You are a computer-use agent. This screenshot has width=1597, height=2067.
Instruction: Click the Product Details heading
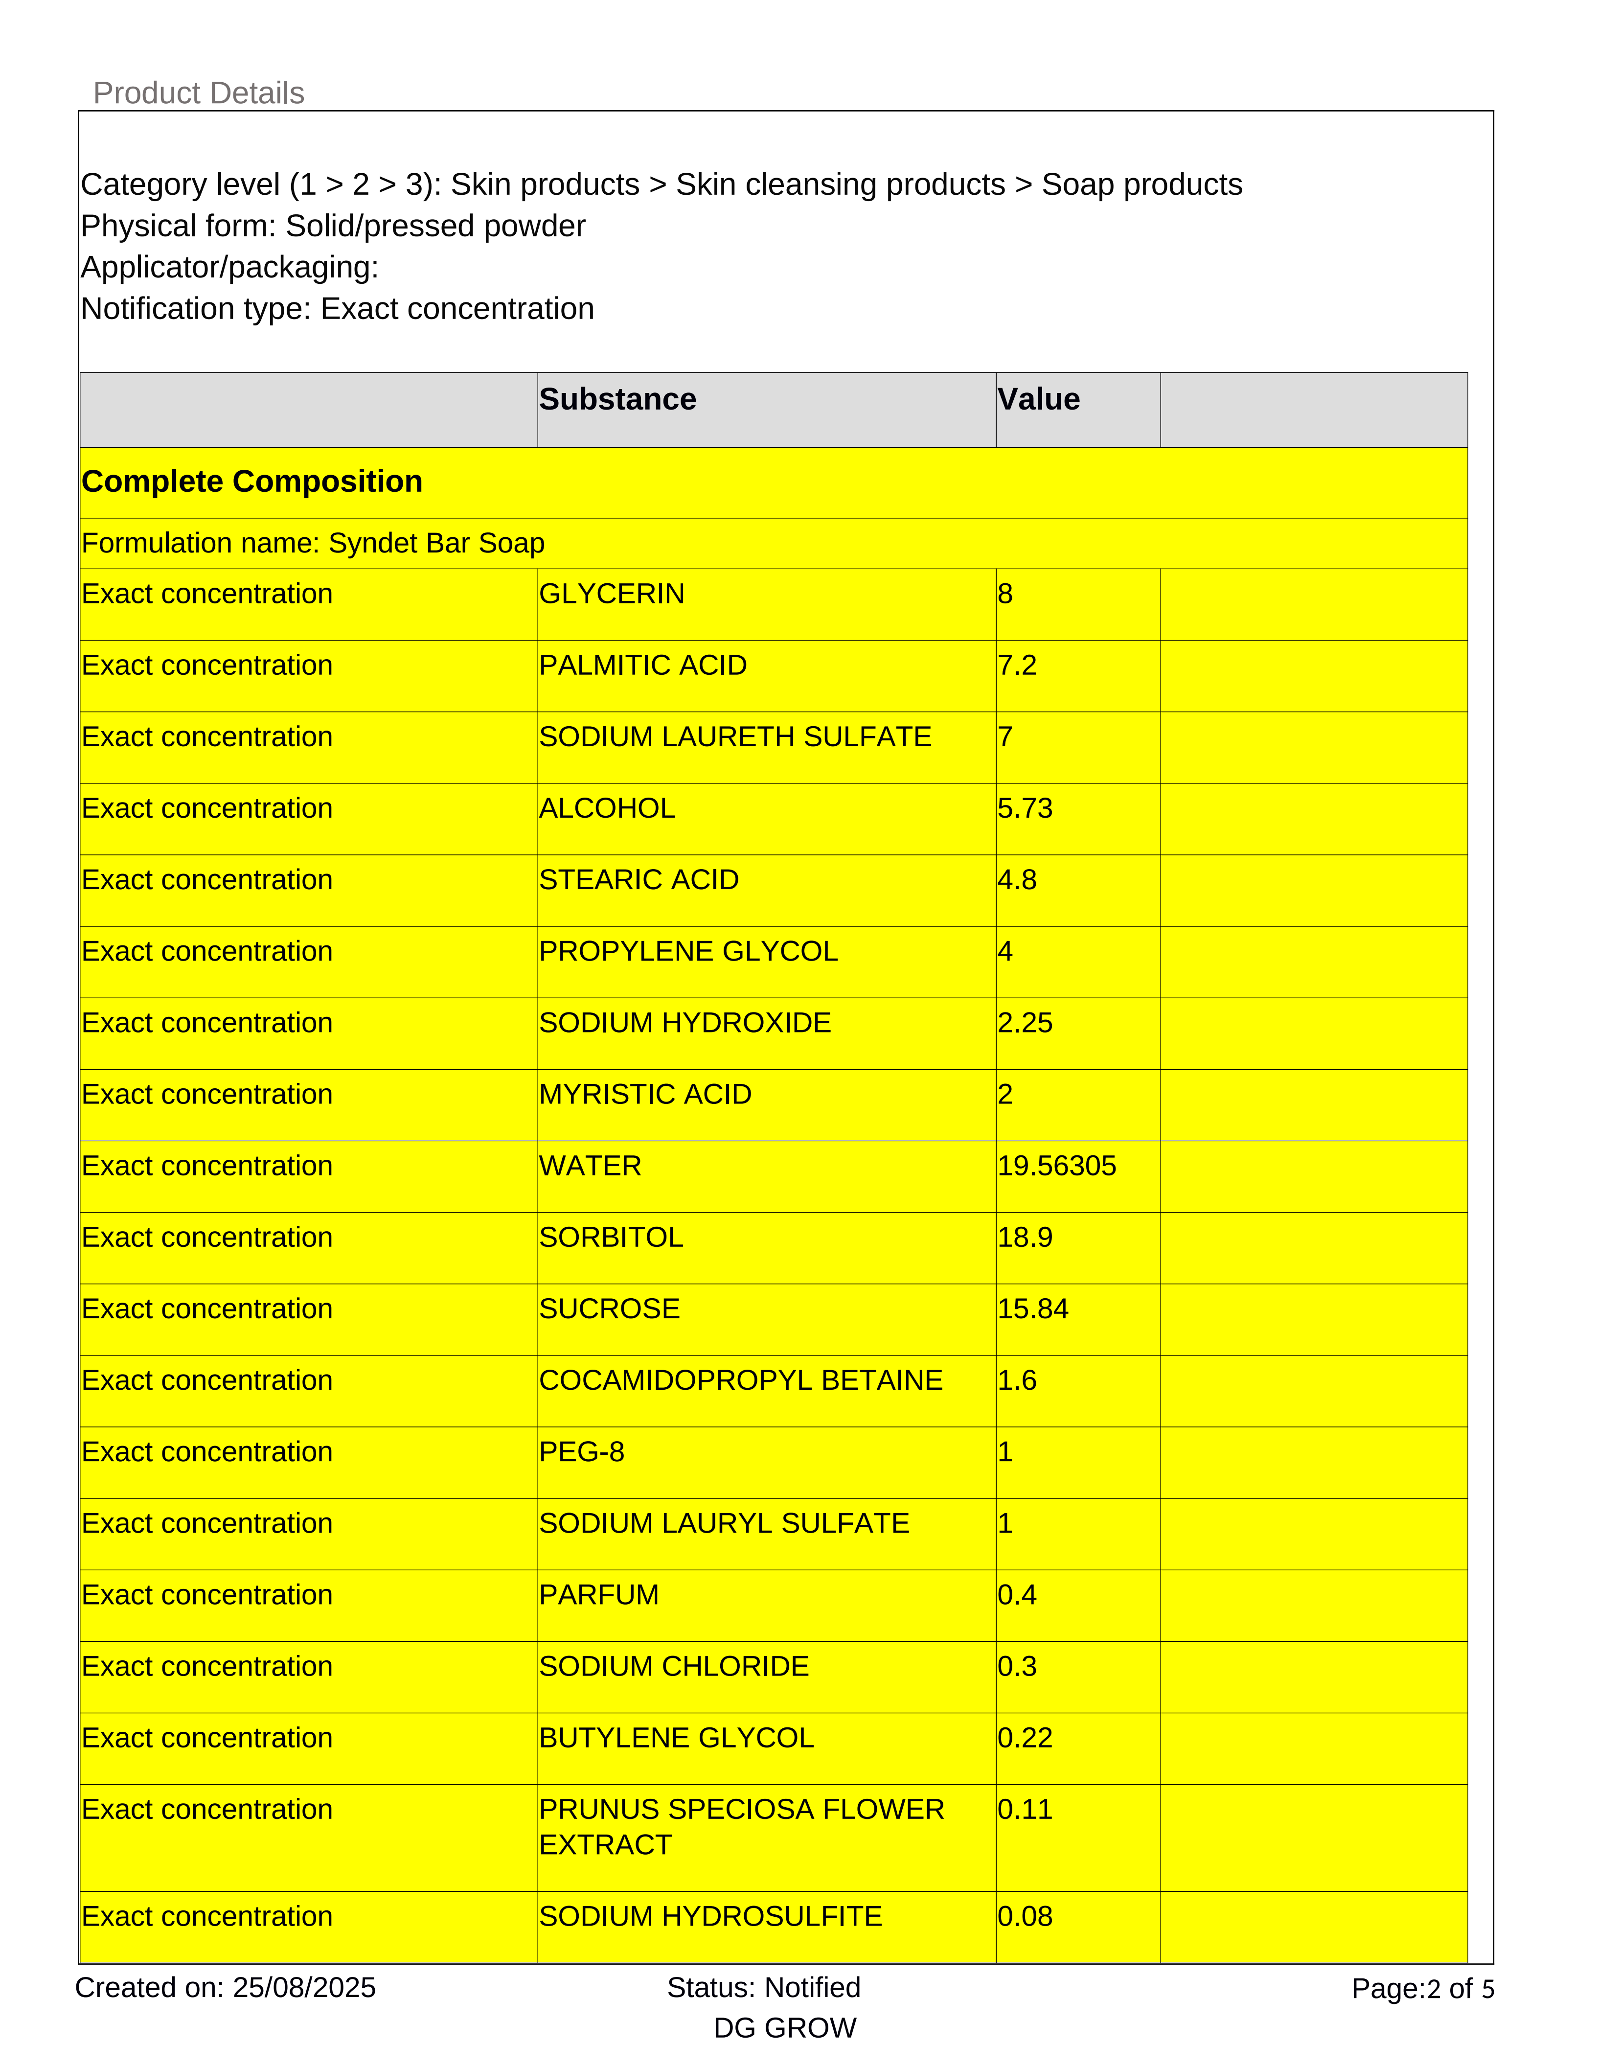[199, 93]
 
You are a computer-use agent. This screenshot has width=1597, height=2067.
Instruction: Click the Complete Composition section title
[251, 482]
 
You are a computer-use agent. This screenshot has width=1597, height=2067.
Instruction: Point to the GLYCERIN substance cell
[611, 595]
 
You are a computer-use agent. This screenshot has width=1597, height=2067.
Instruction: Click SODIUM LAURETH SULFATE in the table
[734, 737]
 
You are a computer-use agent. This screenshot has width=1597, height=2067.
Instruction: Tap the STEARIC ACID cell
[639, 880]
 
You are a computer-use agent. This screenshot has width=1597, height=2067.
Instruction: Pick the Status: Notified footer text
[763, 1988]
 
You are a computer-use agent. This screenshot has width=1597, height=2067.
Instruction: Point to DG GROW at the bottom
[784, 2028]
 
